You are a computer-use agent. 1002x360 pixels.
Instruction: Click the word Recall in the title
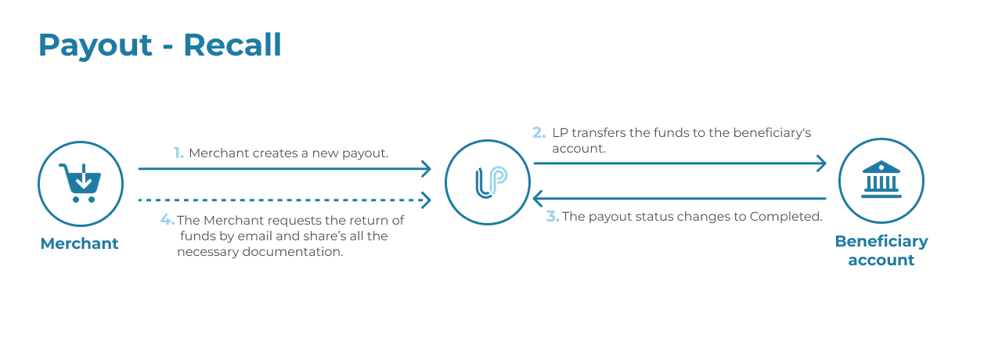click(x=232, y=45)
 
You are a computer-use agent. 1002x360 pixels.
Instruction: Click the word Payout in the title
click(x=96, y=46)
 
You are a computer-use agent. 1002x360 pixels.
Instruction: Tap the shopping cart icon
click(x=81, y=183)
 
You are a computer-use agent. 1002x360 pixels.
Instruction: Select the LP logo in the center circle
click(x=491, y=182)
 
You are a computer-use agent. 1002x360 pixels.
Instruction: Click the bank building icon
click(x=881, y=179)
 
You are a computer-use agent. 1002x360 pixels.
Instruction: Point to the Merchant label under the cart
click(x=80, y=243)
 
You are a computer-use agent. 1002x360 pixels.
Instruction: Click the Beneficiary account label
click(x=881, y=250)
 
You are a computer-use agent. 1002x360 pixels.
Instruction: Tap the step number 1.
click(x=178, y=153)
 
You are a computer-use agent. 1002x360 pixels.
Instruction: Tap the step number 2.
click(x=539, y=133)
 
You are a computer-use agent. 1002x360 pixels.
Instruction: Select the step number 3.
click(x=553, y=217)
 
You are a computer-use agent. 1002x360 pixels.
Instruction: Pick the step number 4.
click(x=168, y=220)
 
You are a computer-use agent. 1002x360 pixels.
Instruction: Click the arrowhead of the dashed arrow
click(x=427, y=200)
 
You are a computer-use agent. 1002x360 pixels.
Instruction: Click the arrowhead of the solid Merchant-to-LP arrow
click(x=427, y=168)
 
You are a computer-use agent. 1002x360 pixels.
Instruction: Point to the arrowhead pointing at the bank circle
click(x=821, y=164)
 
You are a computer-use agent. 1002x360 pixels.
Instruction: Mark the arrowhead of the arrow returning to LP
click(x=538, y=198)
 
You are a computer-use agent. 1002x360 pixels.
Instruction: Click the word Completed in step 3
click(x=786, y=217)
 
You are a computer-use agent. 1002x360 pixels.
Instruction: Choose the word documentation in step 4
click(x=293, y=252)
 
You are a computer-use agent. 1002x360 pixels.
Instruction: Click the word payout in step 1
click(x=365, y=154)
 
